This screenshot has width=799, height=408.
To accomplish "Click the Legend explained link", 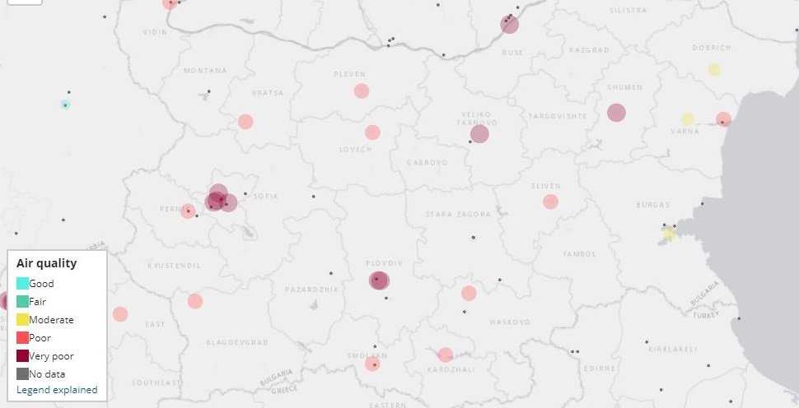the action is (57, 390).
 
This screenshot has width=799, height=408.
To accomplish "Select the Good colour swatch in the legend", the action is (23, 284).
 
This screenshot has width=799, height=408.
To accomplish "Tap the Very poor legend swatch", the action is (23, 356).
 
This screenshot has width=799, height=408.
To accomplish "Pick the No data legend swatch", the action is (23, 374).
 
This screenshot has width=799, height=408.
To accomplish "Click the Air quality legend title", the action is (46, 263).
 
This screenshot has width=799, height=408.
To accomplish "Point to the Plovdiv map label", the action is (384, 262).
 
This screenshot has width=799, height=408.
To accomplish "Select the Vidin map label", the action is (154, 32).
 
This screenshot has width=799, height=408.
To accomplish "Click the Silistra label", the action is (628, 10).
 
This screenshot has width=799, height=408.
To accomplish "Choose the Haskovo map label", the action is (510, 322).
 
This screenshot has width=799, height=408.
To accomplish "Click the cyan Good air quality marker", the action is (65, 104).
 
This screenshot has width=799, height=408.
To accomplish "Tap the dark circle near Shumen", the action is (616, 113).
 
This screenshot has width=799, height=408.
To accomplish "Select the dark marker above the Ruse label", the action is (510, 25).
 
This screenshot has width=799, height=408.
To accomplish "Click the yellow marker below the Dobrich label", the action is (714, 69).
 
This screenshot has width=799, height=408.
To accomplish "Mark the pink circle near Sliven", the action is (550, 202).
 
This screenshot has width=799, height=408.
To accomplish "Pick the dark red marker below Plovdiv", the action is (379, 281).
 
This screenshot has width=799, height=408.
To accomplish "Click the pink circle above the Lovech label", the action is (372, 132).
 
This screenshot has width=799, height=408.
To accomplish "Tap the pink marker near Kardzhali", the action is (446, 355).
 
